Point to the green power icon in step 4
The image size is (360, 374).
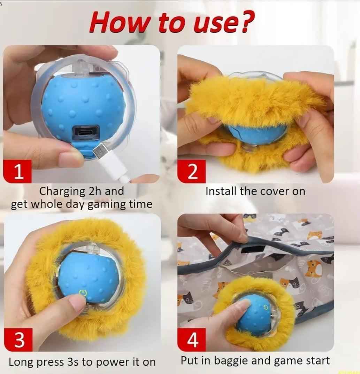tap(266, 307)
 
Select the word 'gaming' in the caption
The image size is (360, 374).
tap(104, 204)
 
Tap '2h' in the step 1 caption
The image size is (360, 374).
tap(95, 191)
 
